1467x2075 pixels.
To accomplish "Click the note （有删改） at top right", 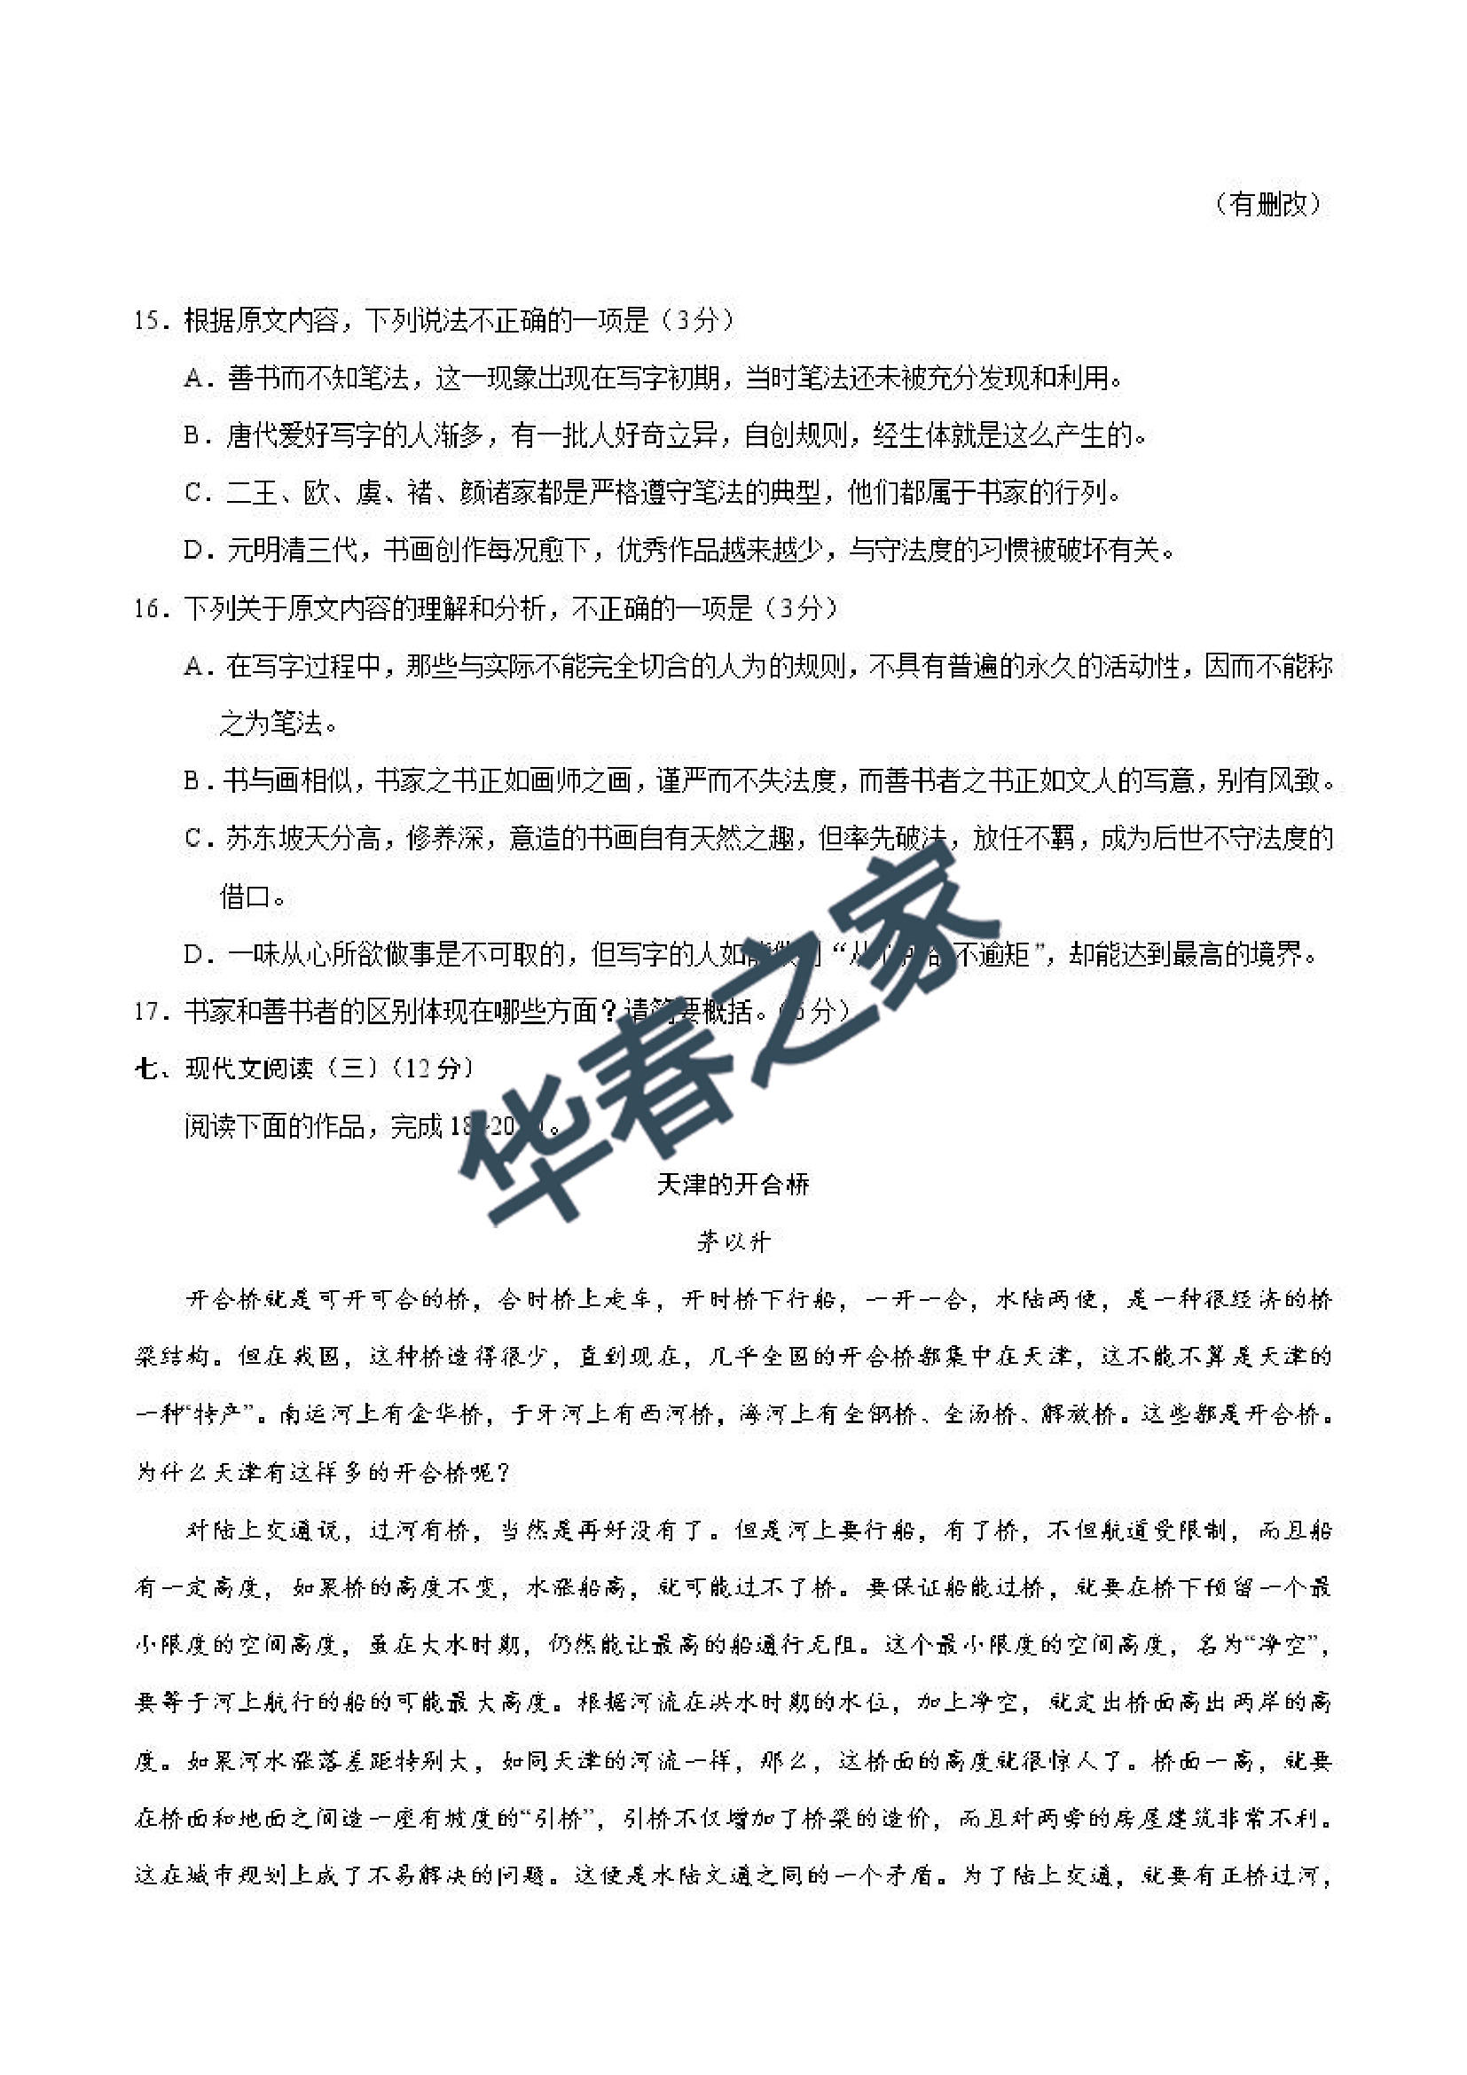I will pyautogui.click(x=1267, y=204).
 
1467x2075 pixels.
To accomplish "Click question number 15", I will pyautogui.click(x=150, y=321).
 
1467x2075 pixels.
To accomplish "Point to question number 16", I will pyautogui.click(x=150, y=609).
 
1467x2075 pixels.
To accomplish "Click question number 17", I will pyautogui.click(x=150, y=1011).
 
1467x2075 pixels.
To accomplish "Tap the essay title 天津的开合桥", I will pyautogui.click(x=732, y=1184).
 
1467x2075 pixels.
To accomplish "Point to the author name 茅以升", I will pyautogui.click(x=732, y=1242).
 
